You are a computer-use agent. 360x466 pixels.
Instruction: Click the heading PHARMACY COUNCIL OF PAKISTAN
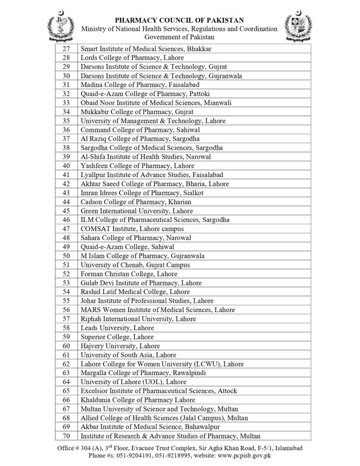[x=179, y=20]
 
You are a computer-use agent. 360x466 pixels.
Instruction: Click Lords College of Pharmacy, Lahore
[x=132, y=58]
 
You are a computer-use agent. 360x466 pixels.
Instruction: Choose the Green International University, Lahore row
[x=137, y=211]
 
